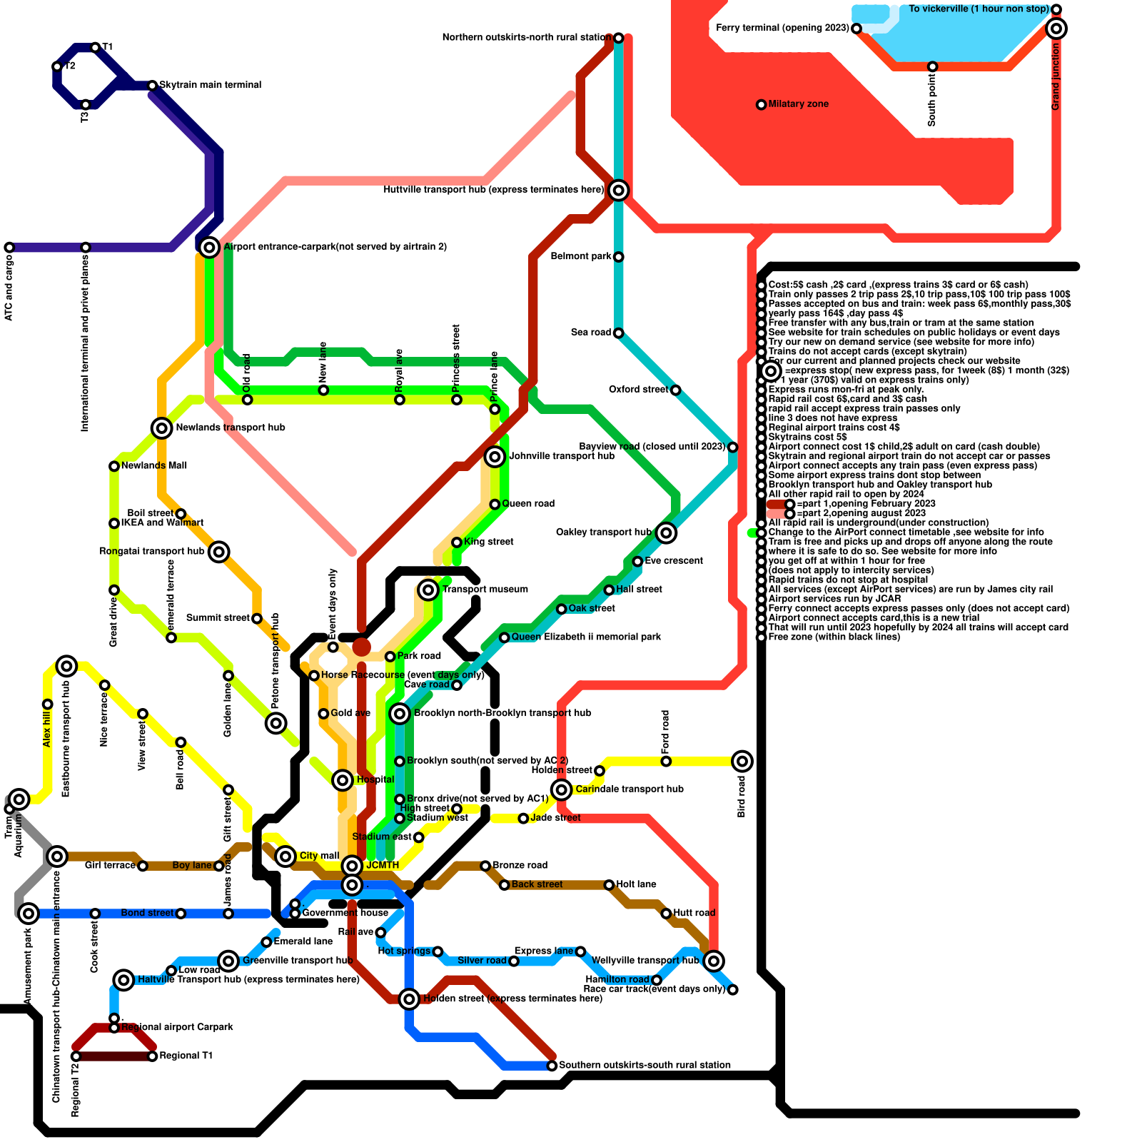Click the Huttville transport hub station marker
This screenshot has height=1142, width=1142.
point(619,190)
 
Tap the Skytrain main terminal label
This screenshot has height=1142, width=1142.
point(210,85)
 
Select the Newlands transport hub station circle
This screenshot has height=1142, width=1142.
point(162,428)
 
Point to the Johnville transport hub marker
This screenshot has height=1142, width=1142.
point(495,457)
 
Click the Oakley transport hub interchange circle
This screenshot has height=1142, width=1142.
point(666,532)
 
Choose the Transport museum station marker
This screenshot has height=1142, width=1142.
point(428,590)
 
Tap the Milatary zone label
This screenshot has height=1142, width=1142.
point(798,104)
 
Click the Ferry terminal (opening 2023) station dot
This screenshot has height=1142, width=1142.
point(856,29)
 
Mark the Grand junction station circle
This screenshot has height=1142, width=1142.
point(1056,29)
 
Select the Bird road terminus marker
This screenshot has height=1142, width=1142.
point(742,761)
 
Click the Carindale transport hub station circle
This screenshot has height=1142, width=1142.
point(562,789)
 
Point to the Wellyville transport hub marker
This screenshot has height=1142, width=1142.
point(714,961)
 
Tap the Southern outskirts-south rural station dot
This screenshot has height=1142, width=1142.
point(552,1066)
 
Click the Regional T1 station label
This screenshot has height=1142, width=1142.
point(186,1056)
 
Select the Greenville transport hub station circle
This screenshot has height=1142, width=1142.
point(228,961)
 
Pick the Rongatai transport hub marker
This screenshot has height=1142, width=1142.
point(219,552)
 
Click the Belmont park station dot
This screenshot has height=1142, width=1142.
point(619,257)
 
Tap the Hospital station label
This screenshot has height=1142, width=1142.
point(375,779)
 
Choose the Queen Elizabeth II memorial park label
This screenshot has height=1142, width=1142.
point(586,637)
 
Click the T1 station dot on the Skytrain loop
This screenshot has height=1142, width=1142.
point(96,48)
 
